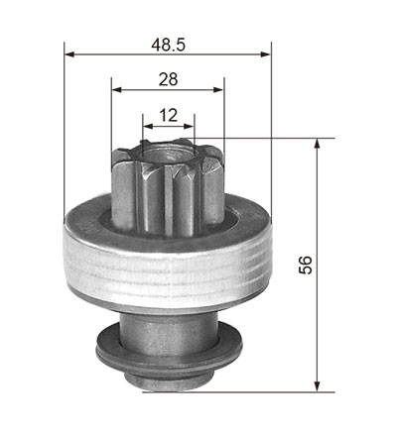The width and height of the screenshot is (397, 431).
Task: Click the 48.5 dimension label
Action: click(x=169, y=45)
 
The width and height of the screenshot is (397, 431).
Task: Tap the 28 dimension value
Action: click(x=168, y=79)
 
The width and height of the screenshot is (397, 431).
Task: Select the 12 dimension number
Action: click(x=169, y=115)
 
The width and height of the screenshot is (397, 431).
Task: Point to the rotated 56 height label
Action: click(x=306, y=265)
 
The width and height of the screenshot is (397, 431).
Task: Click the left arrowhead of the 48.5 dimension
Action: click(x=69, y=54)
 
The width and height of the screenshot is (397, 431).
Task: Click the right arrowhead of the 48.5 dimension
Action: click(x=266, y=54)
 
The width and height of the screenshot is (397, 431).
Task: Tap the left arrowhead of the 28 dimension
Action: click(x=117, y=89)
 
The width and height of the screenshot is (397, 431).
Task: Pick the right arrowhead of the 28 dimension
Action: click(x=218, y=89)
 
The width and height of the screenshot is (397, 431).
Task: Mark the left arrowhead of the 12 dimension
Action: click(x=148, y=126)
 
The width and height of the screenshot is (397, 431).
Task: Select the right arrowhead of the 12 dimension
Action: click(x=190, y=126)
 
